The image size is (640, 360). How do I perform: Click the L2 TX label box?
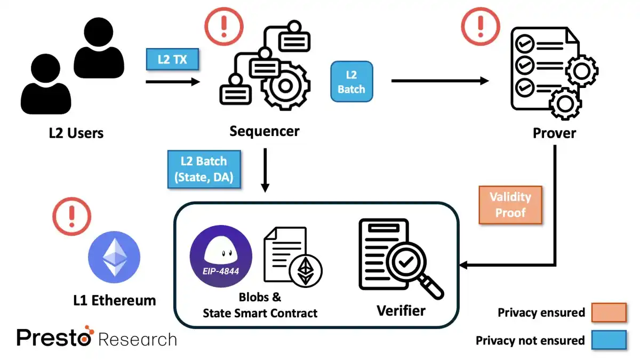(x=172, y=59)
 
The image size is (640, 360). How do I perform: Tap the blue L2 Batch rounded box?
(x=351, y=82)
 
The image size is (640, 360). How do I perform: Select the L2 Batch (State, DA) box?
(x=204, y=170)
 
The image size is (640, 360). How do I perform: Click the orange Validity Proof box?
(x=510, y=205)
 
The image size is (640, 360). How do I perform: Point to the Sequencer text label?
(x=265, y=131)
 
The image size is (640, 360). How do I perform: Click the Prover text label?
(x=554, y=132)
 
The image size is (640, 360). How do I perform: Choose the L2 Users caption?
(x=76, y=132)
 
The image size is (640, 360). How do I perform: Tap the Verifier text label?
(x=401, y=310)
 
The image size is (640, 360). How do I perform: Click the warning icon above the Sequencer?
(x=224, y=25)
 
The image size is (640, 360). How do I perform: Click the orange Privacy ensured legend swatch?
(x=609, y=313)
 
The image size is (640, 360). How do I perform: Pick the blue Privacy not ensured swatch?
(x=609, y=340)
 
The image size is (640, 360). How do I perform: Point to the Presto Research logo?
(x=96, y=338)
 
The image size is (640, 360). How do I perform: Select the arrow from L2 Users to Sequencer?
(x=172, y=82)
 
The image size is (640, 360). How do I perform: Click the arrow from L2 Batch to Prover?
(x=440, y=81)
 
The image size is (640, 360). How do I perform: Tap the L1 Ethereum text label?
(x=114, y=300)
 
